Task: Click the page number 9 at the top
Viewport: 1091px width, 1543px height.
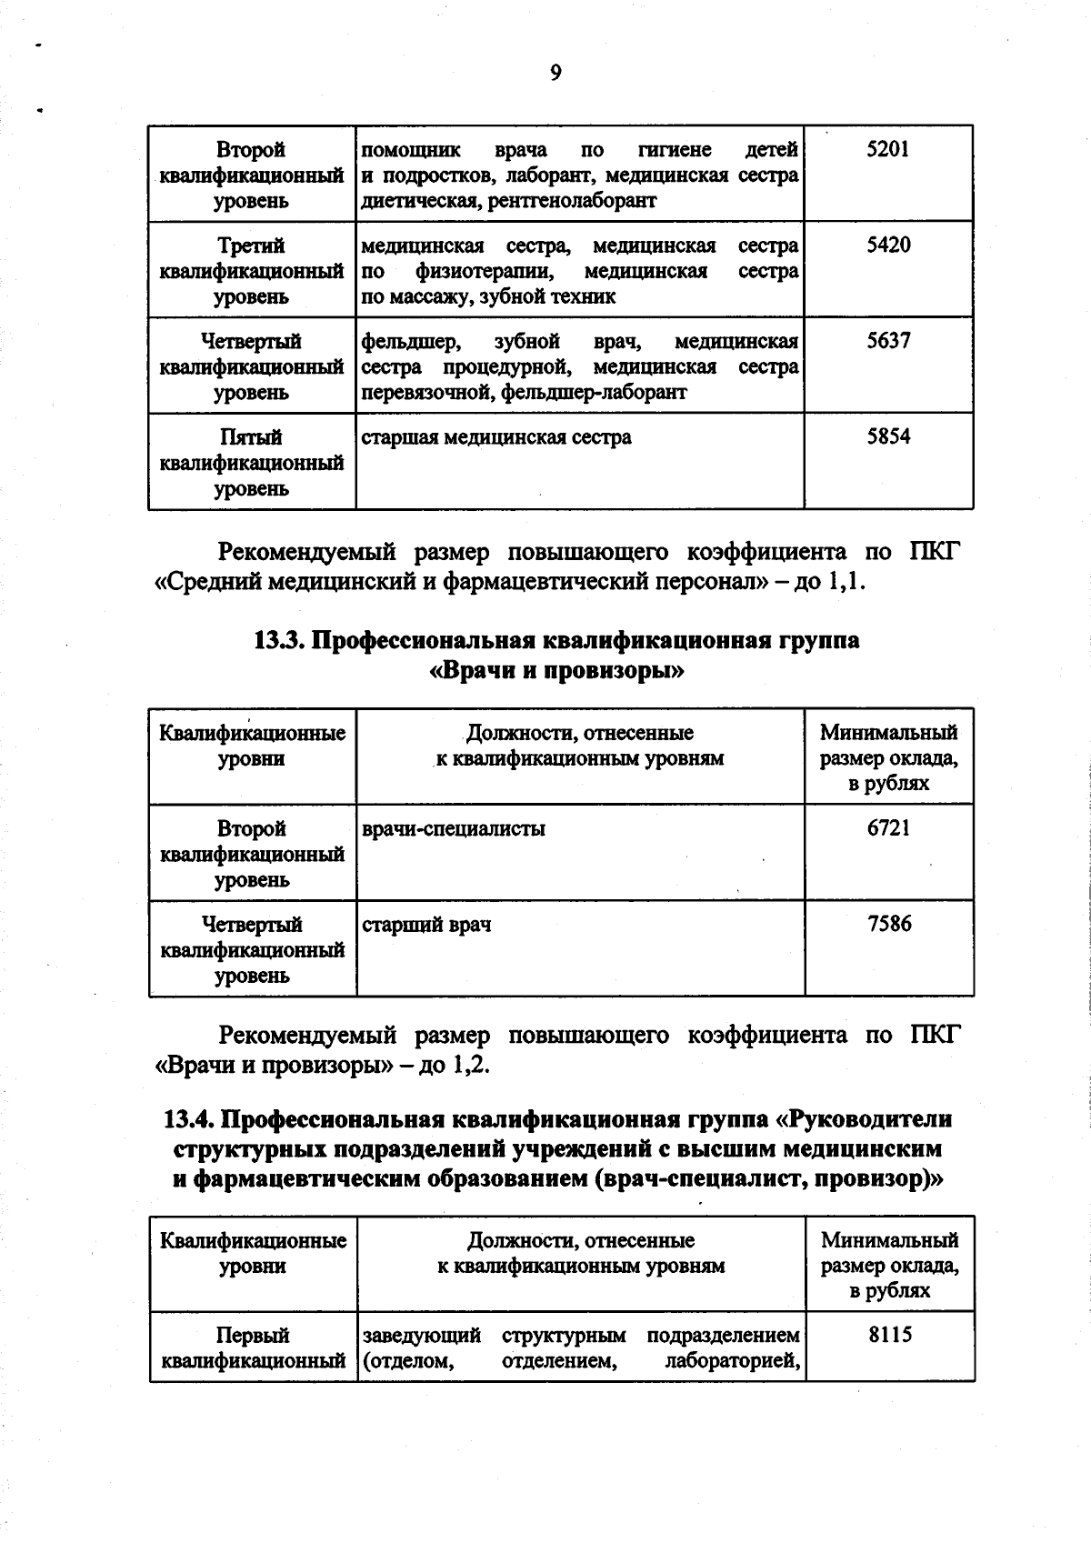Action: pyautogui.click(x=556, y=74)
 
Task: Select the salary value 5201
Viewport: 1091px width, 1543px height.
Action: pyautogui.click(x=887, y=149)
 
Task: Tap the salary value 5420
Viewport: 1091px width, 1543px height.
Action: pyautogui.click(x=887, y=245)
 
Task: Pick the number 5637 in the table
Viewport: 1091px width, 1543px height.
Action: pyautogui.click(x=887, y=341)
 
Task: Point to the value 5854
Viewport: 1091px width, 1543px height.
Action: pyautogui.click(x=887, y=437)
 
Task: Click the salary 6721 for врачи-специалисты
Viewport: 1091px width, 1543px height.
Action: pyautogui.click(x=888, y=828)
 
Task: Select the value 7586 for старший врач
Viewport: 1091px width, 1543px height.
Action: pyautogui.click(x=888, y=925)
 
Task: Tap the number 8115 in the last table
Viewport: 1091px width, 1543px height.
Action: pyautogui.click(x=889, y=1336)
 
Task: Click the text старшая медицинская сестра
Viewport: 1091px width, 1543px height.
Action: pyautogui.click(x=496, y=437)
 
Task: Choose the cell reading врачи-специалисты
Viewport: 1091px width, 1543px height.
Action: pyautogui.click(x=454, y=829)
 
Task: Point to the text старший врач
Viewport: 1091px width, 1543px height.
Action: pyautogui.click(x=426, y=926)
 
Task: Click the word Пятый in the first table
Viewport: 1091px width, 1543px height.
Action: pyautogui.click(x=251, y=437)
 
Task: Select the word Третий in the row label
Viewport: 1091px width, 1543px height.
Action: pyautogui.click(x=251, y=245)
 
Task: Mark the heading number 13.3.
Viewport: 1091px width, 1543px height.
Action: pyautogui.click(x=278, y=640)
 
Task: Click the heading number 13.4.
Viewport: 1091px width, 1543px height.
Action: pyautogui.click(x=188, y=1119)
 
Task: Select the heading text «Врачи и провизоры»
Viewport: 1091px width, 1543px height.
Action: pyautogui.click(x=556, y=672)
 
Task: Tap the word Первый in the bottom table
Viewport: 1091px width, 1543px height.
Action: pyautogui.click(x=252, y=1336)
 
